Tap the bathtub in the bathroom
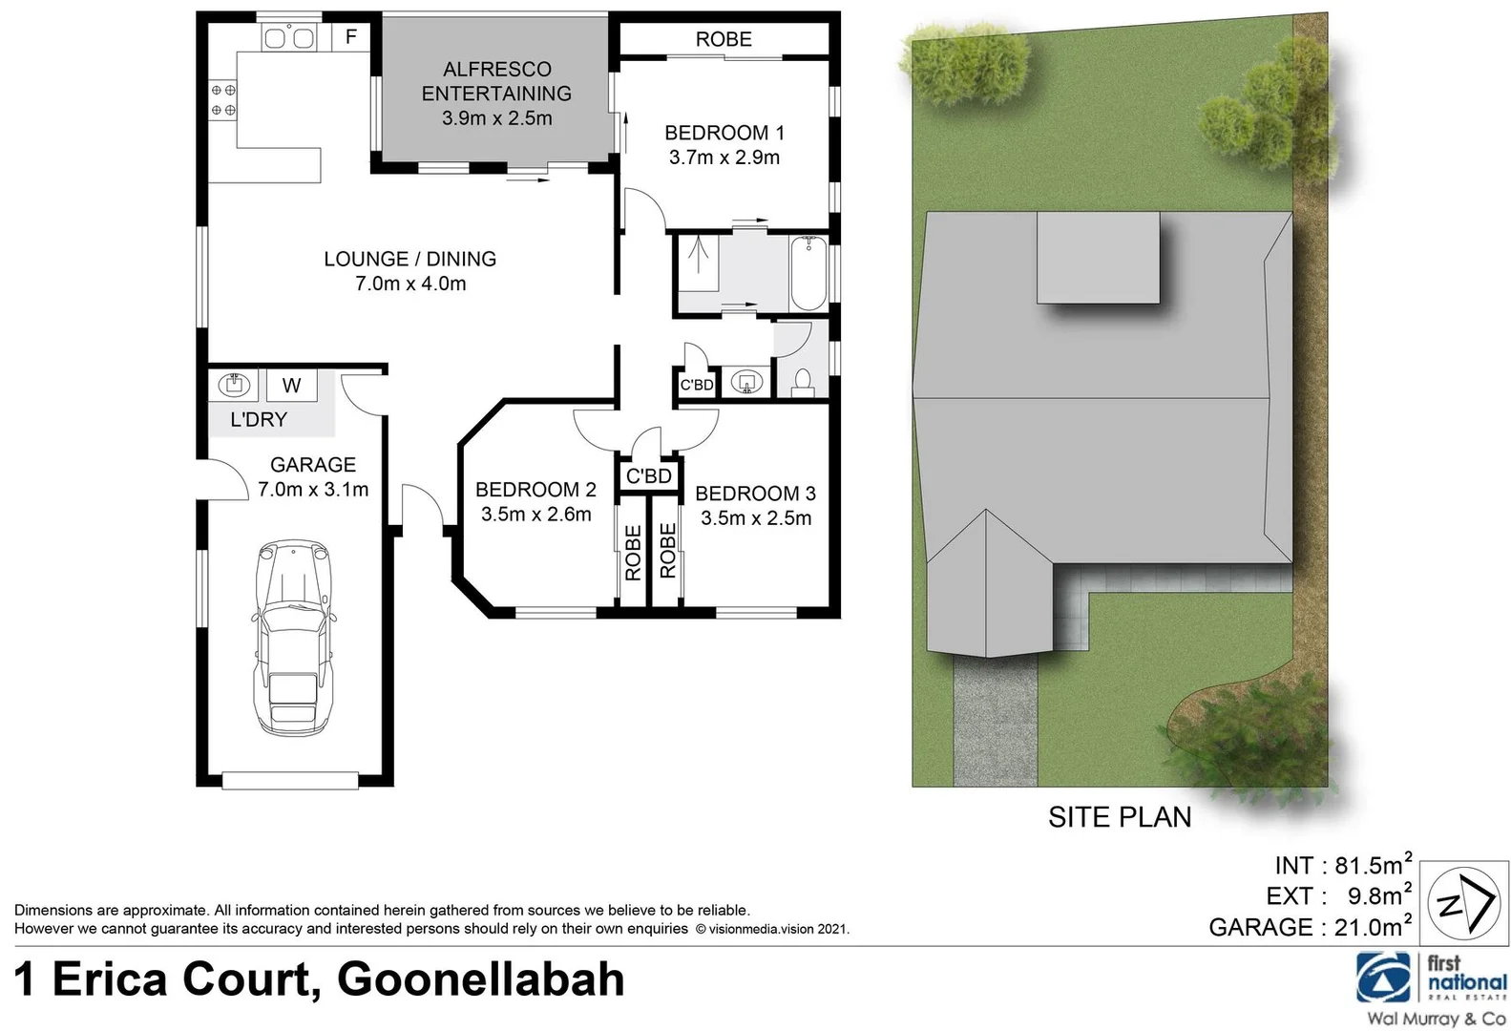point(808,274)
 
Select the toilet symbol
point(803,383)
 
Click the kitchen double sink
point(289,38)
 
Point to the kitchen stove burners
point(224,99)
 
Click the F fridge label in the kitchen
point(351,37)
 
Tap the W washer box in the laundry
point(292,386)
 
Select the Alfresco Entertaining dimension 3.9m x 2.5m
point(496,118)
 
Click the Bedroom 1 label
point(724,133)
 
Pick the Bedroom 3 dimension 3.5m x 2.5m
point(756,518)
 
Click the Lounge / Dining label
point(409,259)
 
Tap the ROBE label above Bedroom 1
point(724,39)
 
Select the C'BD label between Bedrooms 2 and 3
point(649,475)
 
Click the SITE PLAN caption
point(1119,817)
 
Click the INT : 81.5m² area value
point(1342,865)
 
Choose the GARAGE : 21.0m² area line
point(1309,927)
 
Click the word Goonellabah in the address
point(481,980)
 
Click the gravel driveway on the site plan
point(995,726)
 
